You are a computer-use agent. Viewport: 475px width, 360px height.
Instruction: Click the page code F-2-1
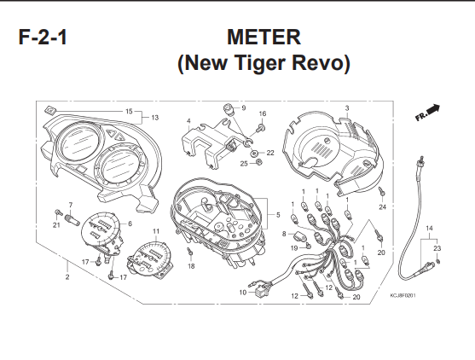[43, 38]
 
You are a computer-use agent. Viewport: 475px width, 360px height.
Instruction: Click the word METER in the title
[264, 37]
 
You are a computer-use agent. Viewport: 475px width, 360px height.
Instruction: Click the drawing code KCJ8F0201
[403, 295]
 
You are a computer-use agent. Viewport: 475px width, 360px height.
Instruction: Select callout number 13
[155, 118]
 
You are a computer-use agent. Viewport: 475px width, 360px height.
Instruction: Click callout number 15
[129, 111]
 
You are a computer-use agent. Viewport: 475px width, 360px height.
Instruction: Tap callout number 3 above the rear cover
[347, 107]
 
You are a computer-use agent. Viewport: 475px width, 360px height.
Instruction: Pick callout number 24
[383, 207]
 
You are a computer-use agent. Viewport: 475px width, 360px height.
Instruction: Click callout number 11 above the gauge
[156, 231]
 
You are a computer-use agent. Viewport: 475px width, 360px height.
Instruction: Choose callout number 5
[278, 215]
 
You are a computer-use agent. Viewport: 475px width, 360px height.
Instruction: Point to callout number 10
[243, 293]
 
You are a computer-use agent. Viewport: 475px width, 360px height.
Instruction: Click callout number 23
[437, 248]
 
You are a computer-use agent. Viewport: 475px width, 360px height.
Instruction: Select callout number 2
[67, 276]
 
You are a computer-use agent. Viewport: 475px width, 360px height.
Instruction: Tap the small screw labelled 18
[190, 252]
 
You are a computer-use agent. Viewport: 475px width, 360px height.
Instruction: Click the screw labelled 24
[381, 190]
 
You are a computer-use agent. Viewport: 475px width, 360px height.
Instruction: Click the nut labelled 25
[258, 162]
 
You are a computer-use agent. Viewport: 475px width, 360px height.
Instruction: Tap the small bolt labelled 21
[57, 212]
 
